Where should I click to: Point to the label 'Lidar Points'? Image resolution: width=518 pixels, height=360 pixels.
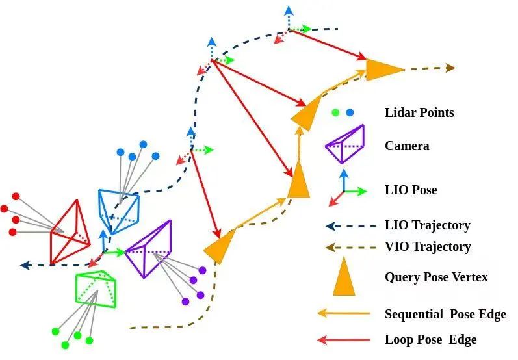point(419,113)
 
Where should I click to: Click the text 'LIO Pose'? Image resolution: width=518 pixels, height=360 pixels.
point(411,190)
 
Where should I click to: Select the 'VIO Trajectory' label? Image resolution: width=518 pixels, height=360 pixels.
point(428,246)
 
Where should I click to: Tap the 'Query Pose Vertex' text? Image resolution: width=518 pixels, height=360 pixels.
point(436,277)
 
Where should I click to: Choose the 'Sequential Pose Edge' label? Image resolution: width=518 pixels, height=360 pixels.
point(445,315)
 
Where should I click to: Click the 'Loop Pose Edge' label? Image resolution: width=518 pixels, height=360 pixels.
point(430,339)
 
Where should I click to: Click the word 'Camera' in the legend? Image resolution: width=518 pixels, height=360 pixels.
point(407,146)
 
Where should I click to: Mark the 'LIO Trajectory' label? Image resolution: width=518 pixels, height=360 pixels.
point(427,225)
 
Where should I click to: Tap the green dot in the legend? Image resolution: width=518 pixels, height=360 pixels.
point(335,112)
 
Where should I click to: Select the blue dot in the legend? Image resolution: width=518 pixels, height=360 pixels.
point(350,112)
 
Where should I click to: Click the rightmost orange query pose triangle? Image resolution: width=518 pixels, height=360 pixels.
point(383,70)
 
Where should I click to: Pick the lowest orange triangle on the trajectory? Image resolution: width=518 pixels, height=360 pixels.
point(220,245)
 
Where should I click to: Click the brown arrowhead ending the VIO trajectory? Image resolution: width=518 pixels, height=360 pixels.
point(450,68)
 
